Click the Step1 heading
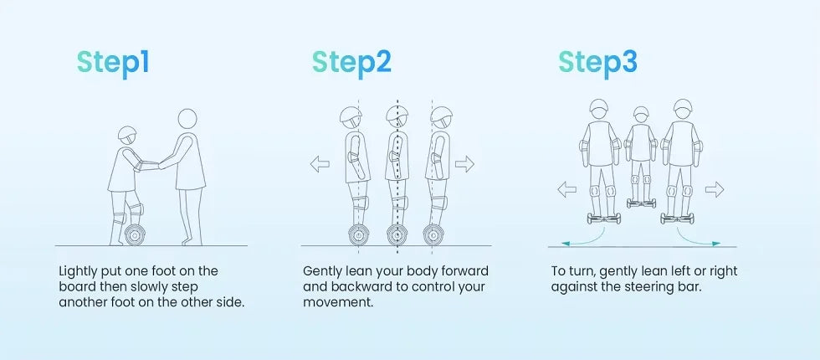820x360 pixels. (x=113, y=63)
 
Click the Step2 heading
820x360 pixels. (x=351, y=63)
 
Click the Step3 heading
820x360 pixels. (x=597, y=63)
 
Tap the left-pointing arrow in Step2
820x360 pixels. (x=320, y=164)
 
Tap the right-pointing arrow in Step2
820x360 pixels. (x=464, y=164)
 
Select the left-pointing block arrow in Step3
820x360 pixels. (x=567, y=189)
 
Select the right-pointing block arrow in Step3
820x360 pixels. (x=715, y=189)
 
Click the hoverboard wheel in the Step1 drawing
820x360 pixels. (x=135, y=235)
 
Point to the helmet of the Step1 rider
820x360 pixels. (x=126, y=135)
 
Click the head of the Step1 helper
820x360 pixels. (x=187, y=118)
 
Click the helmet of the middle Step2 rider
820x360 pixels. (x=397, y=115)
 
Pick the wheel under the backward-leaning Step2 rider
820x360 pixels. (x=359, y=235)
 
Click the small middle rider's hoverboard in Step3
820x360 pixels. (x=640, y=203)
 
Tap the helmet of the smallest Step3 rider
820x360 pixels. (x=641, y=112)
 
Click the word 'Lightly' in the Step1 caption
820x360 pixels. (x=77, y=272)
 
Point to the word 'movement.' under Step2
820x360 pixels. (x=338, y=302)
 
